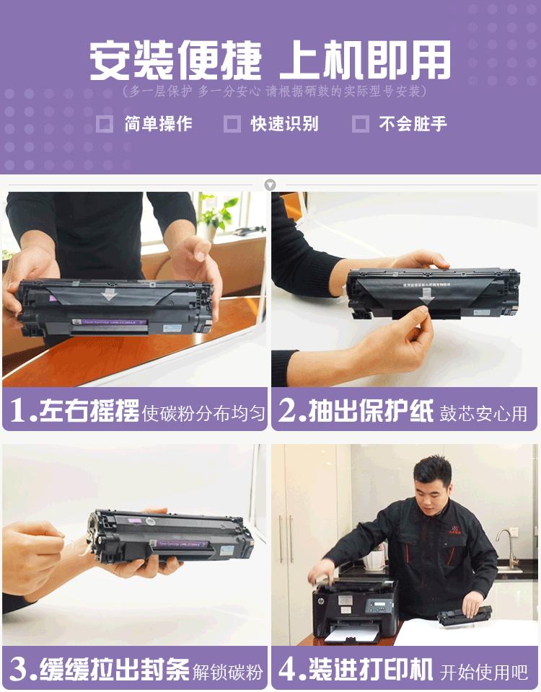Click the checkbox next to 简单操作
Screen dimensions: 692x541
105,124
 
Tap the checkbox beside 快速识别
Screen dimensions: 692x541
232,124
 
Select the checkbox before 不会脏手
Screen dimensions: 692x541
361,124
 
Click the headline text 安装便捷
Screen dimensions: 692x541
175,61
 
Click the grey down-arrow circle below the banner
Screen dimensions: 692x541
270,185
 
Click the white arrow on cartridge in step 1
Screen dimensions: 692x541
108,294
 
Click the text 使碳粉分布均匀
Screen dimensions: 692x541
203,414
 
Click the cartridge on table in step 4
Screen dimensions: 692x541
465,614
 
